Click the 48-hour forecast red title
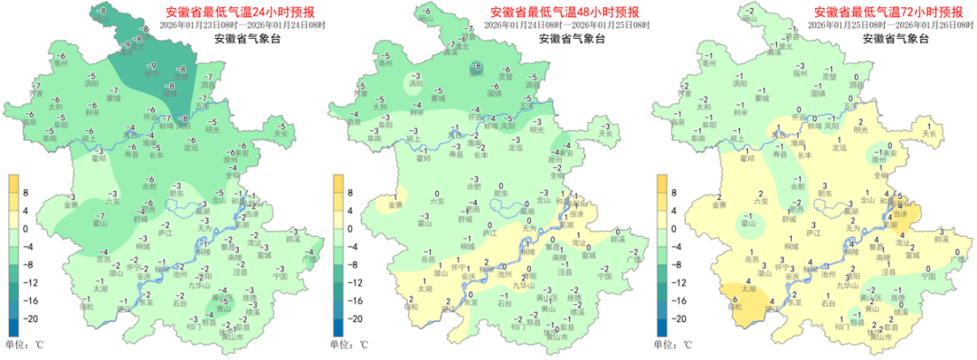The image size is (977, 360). pos(564,13)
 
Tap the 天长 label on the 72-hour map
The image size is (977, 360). pos(928,134)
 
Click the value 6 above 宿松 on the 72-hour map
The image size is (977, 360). pos(735,297)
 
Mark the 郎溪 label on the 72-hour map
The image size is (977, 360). pos(941,239)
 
